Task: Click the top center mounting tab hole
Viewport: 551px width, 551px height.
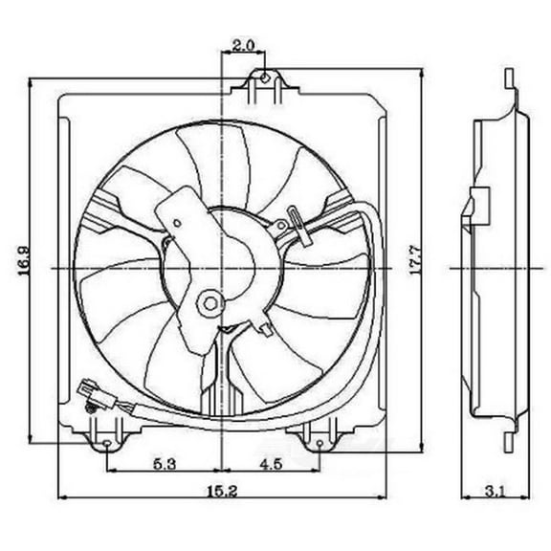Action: (x=266, y=75)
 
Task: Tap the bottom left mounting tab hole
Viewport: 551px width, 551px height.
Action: (x=105, y=443)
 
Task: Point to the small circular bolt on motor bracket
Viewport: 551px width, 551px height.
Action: (x=207, y=304)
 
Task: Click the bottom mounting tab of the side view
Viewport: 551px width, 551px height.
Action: (x=510, y=439)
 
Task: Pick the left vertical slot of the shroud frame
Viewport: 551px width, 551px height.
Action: (x=67, y=268)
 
